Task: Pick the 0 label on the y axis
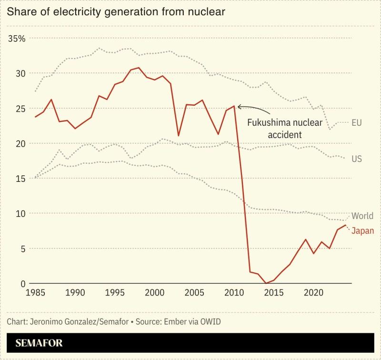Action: point(20,283)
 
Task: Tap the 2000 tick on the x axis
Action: point(155,292)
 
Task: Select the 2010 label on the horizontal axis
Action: point(234,292)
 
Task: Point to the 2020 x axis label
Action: point(313,292)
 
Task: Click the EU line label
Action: point(357,123)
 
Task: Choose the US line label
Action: point(357,159)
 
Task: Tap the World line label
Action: point(362,216)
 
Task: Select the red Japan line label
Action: point(362,231)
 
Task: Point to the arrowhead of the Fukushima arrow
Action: point(239,106)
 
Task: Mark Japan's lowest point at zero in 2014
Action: point(266,283)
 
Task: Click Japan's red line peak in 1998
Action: point(139,68)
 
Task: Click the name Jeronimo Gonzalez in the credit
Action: point(59,321)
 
